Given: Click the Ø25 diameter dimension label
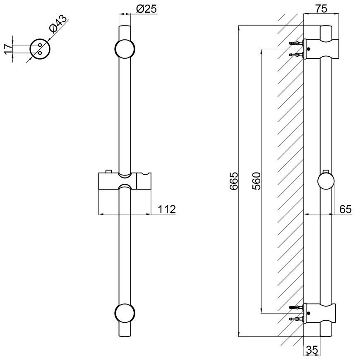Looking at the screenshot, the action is coord(146,9).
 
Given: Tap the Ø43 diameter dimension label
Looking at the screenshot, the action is coord(58,24).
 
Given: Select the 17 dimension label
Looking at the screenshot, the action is coord(8,49).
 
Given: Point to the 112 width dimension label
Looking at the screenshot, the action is coord(167,209).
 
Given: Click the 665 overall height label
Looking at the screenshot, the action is coord(234,181).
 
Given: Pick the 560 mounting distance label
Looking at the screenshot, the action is coord(257,181).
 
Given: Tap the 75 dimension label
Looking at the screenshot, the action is coord(321,9).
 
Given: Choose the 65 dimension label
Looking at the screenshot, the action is coord(346,209).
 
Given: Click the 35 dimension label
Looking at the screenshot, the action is coord(312,350).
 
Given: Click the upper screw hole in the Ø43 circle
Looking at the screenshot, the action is coord(40,45).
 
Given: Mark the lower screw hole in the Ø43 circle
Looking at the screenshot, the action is coord(40,53).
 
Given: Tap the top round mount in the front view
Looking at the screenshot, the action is coord(125,49).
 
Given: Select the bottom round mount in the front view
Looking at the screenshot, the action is coord(125,313).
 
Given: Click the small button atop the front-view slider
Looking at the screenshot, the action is coord(108,171).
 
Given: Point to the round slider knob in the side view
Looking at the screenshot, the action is coord(326,181).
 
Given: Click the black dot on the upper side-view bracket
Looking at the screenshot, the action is coord(309,49).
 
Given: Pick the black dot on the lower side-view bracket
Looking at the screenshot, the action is coord(309,313).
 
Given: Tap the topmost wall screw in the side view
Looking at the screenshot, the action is coord(296,43).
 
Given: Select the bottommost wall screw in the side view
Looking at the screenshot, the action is coord(296,319).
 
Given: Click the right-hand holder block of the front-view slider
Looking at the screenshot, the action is coord(144,181).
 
